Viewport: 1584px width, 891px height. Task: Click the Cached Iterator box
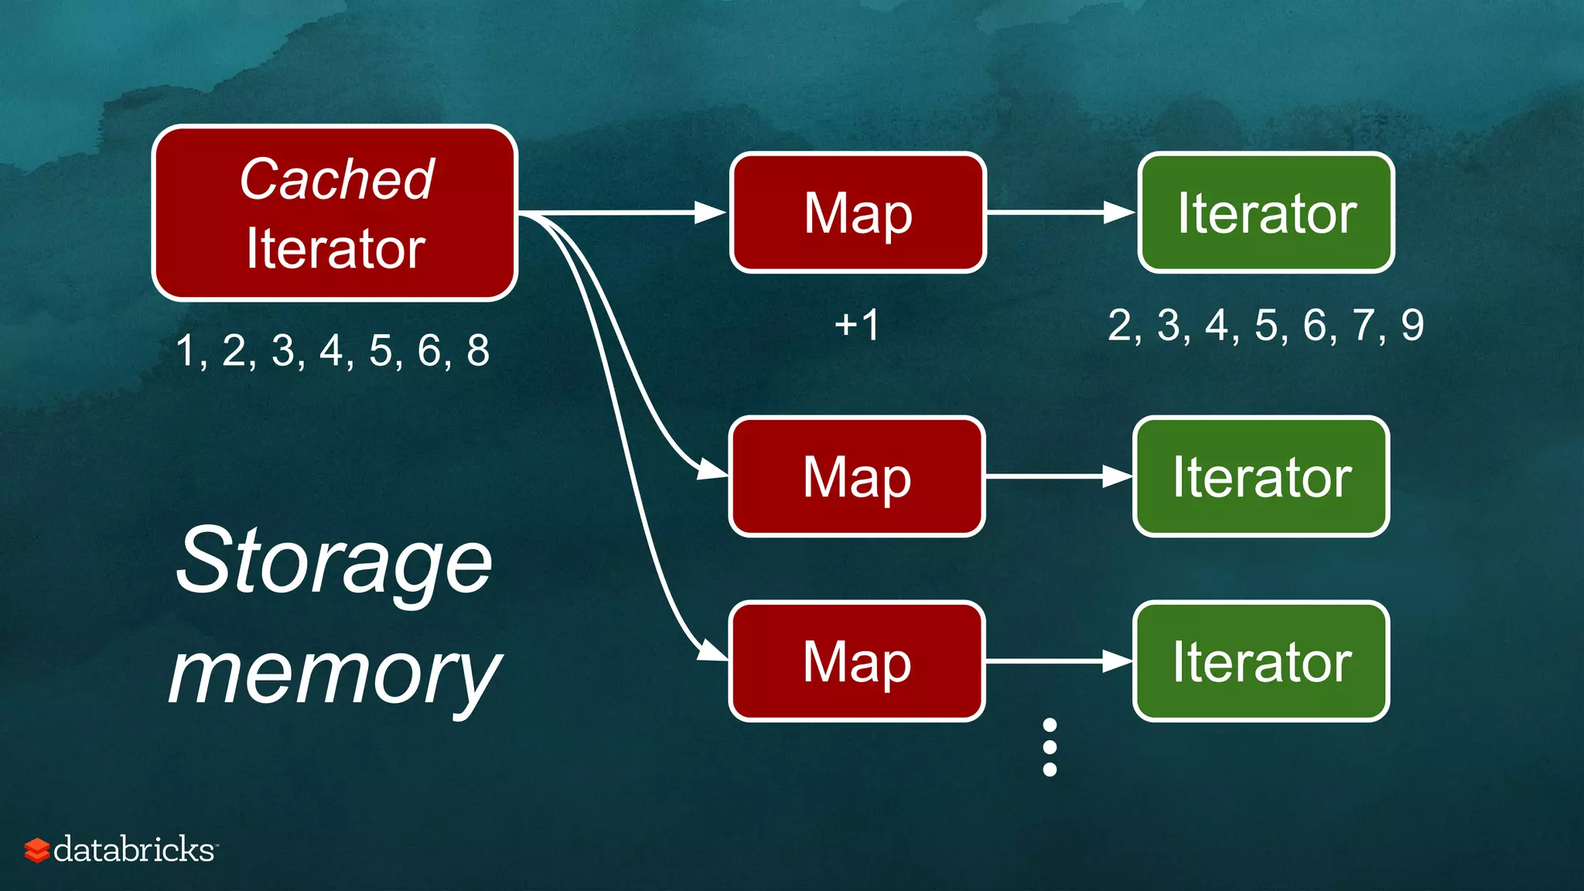coord(335,213)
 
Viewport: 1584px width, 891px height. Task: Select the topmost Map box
coord(858,213)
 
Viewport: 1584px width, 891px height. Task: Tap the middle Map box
coord(857,476)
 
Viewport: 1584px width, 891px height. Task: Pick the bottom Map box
coord(857,661)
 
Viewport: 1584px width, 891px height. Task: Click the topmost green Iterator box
coord(1266,213)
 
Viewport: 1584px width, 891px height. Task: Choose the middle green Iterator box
coord(1261,476)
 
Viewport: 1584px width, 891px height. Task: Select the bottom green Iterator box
coord(1261,661)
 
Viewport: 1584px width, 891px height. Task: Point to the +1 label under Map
coord(857,325)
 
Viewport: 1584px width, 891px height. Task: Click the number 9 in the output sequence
coord(1412,326)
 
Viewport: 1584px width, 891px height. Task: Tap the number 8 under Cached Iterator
coord(478,351)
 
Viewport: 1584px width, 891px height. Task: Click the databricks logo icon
coord(36,850)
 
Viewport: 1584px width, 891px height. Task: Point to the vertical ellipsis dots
coord(1050,747)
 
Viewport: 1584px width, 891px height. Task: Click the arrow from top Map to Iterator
coord(1060,212)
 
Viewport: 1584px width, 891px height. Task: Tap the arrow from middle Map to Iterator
coord(1059,476)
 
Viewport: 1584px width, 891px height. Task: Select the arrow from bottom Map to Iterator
coord(1059,661)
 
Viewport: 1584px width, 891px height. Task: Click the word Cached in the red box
coord(336,179)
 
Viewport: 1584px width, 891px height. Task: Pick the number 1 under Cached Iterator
coord(185,351)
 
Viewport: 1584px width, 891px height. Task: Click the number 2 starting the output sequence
coord(1120,326)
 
